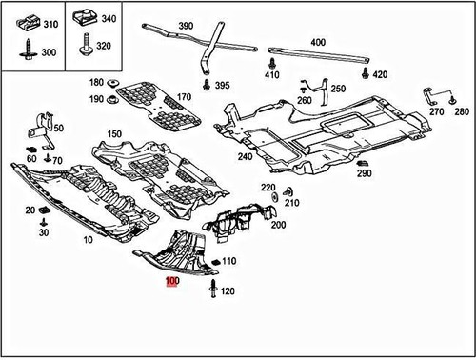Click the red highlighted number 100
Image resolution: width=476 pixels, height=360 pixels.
(171, 281)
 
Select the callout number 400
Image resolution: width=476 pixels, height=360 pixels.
(317, 42)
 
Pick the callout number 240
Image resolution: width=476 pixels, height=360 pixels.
(245, 157)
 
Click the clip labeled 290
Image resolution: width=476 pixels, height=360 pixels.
(363, 162)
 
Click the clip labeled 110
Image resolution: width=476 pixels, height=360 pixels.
(214, 262)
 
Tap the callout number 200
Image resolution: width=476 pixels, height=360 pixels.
(278, 225)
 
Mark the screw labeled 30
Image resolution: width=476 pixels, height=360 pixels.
(44, 220)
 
